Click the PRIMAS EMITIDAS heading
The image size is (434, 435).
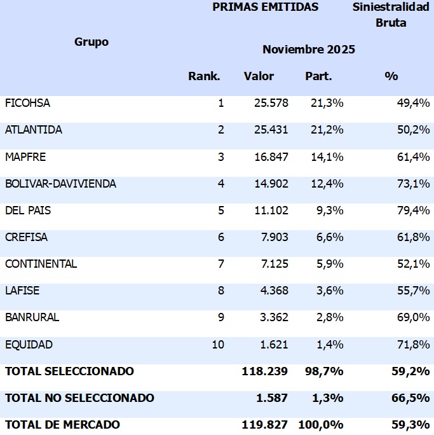coord(265,8)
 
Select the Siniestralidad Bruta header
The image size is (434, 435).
coord(391,15)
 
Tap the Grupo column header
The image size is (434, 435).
coord(92,42)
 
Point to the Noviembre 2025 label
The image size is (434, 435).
coord(308,50)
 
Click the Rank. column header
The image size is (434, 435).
coord(204,76)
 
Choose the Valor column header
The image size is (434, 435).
coord(259,76)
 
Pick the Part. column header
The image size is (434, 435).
coord(318,76)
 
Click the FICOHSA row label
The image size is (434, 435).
coord(27,103)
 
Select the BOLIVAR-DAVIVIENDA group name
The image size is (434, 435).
coord(60,184)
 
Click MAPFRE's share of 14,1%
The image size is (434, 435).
coord(327,157)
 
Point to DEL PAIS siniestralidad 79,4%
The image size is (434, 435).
coord(413,211)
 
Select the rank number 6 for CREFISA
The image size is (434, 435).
coord(220,237)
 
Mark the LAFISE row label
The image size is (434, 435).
coord(22,291)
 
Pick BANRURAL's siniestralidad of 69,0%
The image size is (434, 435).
coord(413,318)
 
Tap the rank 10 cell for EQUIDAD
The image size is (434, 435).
coord(218,345)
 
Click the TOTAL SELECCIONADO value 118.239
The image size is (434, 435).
coord(264,371)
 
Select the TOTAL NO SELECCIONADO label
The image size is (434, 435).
coord(79,398)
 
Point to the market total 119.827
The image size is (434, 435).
coord(264,424)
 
